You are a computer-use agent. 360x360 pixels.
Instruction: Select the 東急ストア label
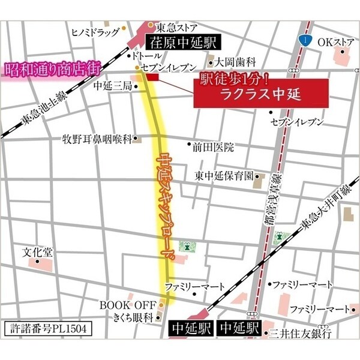point(176,27)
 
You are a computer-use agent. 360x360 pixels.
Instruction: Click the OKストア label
point(337,42)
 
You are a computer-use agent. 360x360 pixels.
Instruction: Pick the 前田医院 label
point(212,146)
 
